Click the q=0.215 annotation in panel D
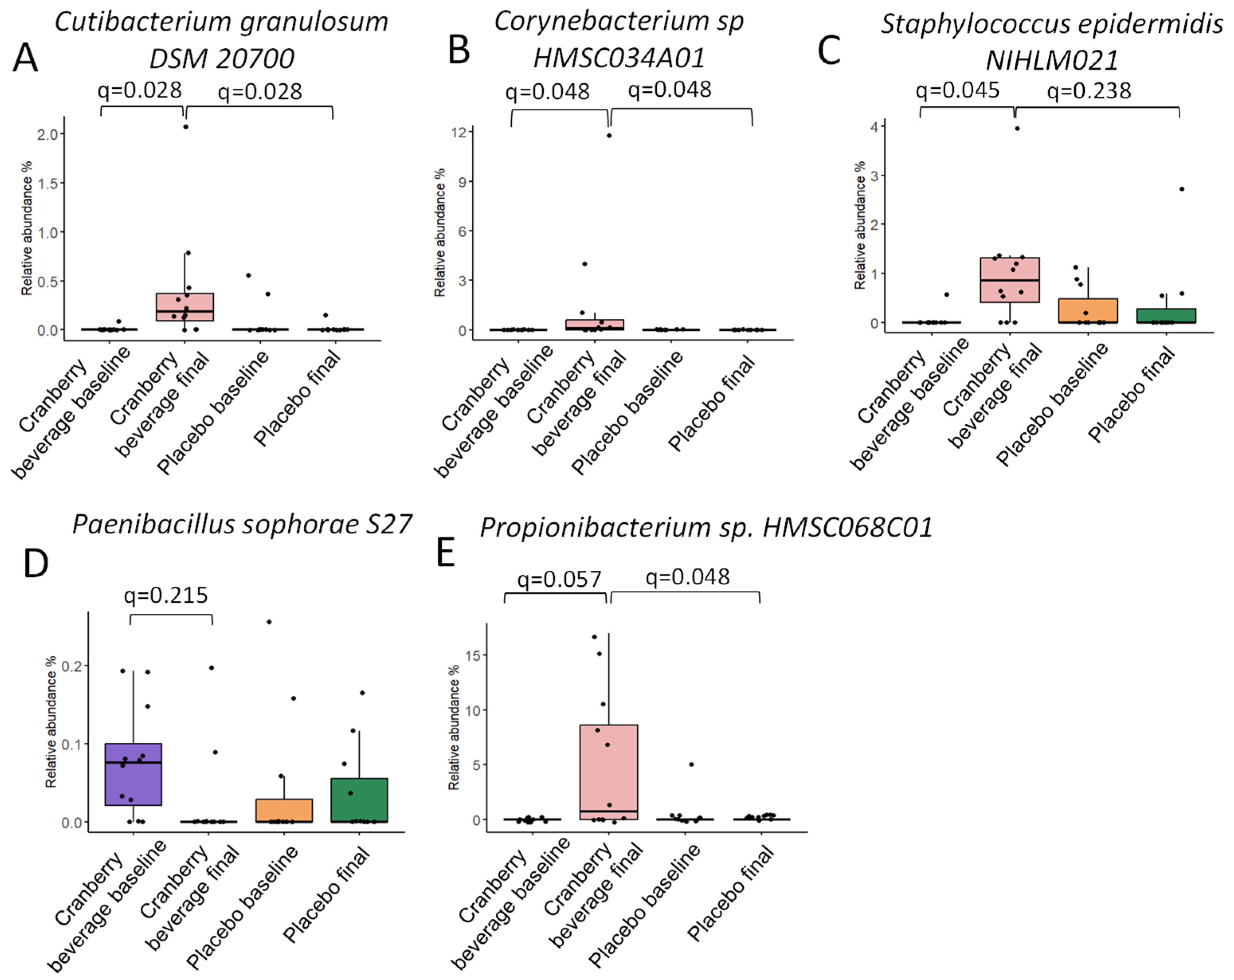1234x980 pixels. (x=166, y=595)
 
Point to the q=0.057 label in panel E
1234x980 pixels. (x=559, y=580)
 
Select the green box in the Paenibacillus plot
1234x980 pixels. (x=360, y=800)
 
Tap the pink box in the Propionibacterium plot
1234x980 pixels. (x=608, y=772)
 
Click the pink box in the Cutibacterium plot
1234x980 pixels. (x=185, y=307)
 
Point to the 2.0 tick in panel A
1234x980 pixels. (x=48, y=135)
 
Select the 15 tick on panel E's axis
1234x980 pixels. (x=472, y=655)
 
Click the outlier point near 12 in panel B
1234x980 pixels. (x=609, y=136)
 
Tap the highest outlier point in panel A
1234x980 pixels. (x=186, y=127)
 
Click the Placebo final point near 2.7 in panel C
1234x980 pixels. (x=1182, y=189)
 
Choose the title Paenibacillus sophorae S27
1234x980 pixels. (x=242, y=525)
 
